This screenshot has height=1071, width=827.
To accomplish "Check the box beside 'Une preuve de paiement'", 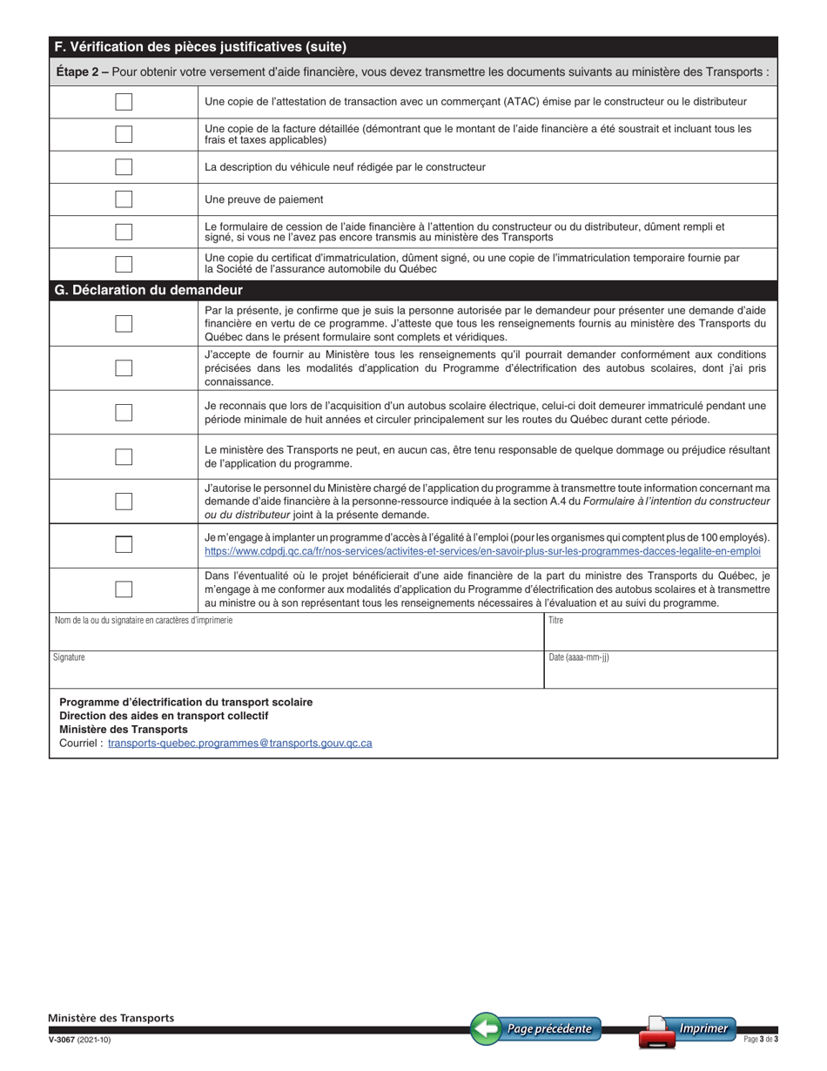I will coord(124,199).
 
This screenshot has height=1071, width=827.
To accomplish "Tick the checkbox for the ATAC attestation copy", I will coord(124,102).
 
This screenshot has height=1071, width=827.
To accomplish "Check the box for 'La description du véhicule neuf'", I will coord(124,167).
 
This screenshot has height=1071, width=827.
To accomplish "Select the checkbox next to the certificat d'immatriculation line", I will coord(124,264).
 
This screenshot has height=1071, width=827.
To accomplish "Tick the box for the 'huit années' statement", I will coord(124,412).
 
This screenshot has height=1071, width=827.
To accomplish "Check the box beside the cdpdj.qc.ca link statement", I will coord(124,544).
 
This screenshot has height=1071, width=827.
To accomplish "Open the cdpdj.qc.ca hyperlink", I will coord(482,551).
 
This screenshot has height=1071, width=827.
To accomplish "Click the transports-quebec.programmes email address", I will coord(240,744).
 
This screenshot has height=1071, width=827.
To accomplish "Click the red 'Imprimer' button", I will coord(688,1029).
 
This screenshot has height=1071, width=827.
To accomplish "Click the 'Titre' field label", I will coord(556,621).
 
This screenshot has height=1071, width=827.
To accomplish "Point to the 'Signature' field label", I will coord(69,657).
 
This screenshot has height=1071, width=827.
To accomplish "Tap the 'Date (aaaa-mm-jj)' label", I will coord(579,657).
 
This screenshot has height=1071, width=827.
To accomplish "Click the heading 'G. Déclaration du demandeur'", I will coord(148,290).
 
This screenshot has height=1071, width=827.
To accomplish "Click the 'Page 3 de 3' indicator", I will coord(761,1039).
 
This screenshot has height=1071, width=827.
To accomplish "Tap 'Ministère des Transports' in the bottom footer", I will coord(111,1018).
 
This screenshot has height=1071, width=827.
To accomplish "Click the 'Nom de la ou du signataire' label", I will coord(144,621).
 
